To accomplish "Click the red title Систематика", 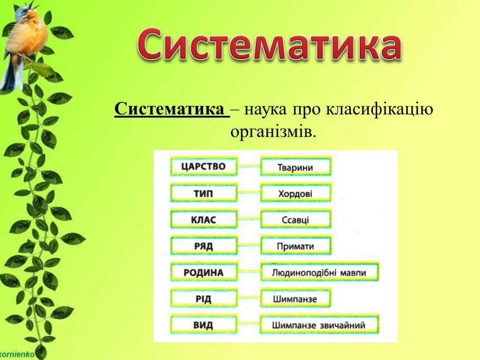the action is [270, 45].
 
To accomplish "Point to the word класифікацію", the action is [379, 109].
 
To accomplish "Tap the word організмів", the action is [273, 132].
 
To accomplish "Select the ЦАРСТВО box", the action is [204, 167].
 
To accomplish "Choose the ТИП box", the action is [204, 193].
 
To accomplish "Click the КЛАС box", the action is [204, 219].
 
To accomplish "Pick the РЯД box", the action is [204, 245].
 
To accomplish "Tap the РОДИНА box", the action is [204, 272].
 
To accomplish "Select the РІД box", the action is [204, 298].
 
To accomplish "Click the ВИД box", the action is [204, 325].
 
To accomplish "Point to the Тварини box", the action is [296, 167].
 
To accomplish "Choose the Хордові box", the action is [296, 193].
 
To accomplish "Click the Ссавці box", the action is [296, 219].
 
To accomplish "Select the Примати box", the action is [296, 245].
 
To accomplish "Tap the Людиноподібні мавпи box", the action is [320, 272].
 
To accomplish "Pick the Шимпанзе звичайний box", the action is [320, 325].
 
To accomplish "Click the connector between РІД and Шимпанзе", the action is [249, 298].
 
